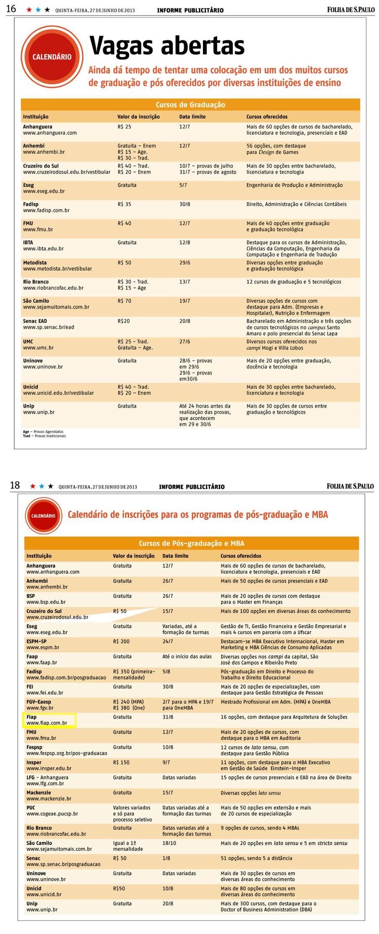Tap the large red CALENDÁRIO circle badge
[x=52, y=57]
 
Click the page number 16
[x=11, y=9]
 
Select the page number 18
[x=15, y=485]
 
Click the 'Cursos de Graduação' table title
[x=190, y=105]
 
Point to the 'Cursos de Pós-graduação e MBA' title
[x=191, y=543]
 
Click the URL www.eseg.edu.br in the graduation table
[x=44, y=191]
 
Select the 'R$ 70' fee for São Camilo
[x=125, y=301]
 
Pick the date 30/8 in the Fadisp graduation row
[x=184, y=204]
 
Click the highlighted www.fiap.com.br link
[x=47, y=723]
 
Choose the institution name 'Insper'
[x=34, y=762]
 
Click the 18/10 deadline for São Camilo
[x=169, y=843]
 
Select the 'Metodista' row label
[x=35, y=263]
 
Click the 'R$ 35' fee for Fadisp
[x=125, y=204]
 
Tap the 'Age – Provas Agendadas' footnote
[x=43, y=432]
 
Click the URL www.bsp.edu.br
[x=46, y=602]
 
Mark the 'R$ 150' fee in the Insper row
[x=121, y=762]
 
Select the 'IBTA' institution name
[x=28, y=243]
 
